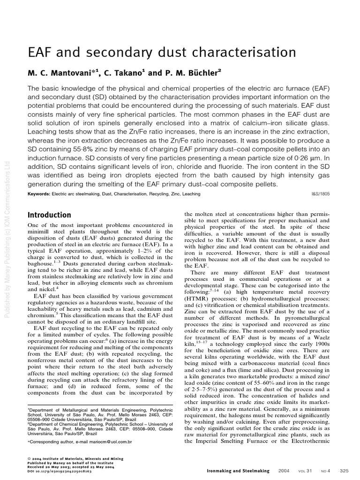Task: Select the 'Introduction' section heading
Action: (49, 215)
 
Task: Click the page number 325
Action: (344, 470)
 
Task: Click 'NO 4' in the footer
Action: (323, 470)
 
